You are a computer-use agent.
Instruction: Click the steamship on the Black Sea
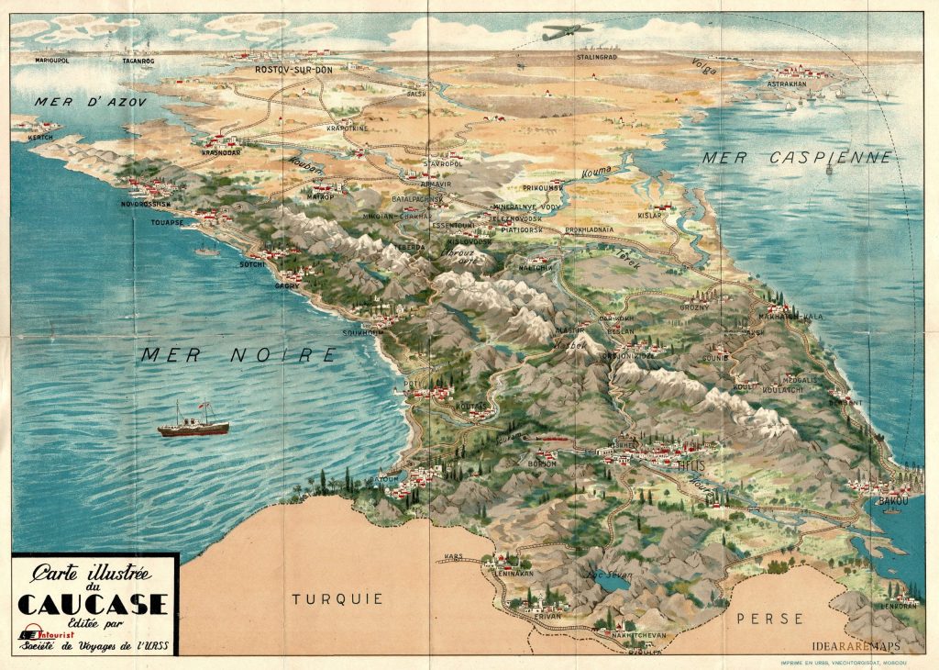point(193,424)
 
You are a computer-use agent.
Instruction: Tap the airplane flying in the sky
point(568,33)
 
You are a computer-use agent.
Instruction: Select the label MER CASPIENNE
point(797,158)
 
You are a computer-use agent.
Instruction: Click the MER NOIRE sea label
point(238,354)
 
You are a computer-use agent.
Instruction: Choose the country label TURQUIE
point(337,598)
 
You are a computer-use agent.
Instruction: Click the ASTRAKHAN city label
point(787,84)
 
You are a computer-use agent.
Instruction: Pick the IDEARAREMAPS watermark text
point(856,646)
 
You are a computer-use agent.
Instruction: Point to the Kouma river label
point(596,172)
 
